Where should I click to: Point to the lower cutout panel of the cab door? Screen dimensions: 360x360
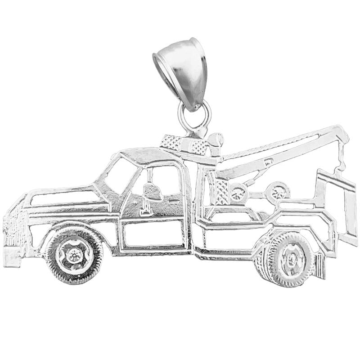tap(153, 234)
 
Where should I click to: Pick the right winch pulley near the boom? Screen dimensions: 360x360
tap(277, 191)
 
